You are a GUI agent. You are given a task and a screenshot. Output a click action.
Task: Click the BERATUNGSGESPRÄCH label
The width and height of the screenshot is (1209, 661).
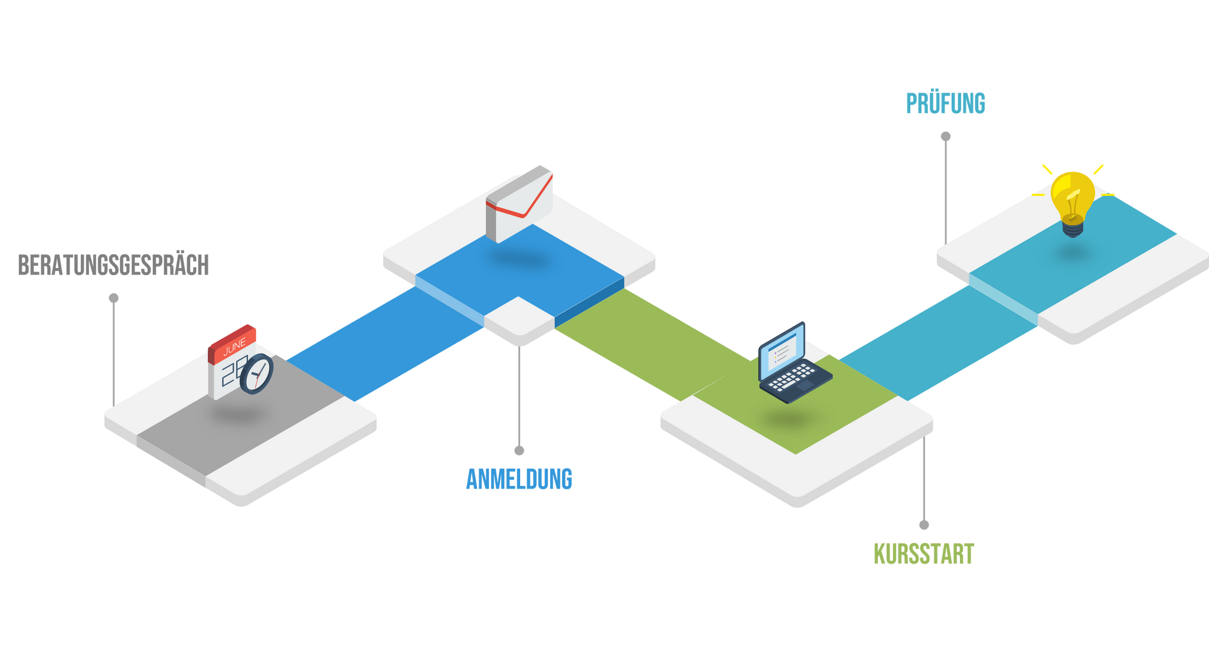(x=113, y=265)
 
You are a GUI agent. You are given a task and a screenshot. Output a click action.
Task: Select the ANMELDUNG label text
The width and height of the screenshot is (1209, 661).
(x=519, y=479)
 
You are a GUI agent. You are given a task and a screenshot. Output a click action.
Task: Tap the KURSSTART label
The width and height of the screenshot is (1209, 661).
(x=924, y=554)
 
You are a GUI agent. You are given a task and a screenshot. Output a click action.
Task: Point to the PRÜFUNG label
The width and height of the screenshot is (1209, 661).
(x=945, y=103)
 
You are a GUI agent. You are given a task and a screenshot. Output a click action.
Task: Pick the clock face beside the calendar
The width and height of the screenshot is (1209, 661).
(x=257, y=374)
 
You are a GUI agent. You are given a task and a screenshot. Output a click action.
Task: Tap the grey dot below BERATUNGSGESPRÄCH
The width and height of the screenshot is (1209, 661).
(x=114, y=298)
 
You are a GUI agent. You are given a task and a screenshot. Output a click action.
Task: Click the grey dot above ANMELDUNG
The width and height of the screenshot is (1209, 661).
(x=519, y=451)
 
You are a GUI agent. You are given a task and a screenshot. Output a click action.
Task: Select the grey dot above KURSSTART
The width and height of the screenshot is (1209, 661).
(x=924, y=525)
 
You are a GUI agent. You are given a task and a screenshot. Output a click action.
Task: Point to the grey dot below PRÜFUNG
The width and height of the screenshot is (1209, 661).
(x=946, y=137)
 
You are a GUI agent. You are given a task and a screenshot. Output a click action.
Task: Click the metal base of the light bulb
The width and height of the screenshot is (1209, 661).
(x=1073, y=227)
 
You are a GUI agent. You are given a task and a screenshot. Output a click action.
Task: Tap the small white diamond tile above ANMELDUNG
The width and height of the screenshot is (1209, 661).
(x=519, y=319)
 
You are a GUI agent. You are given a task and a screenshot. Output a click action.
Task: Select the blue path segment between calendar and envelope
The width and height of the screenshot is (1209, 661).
(x=384, y=342)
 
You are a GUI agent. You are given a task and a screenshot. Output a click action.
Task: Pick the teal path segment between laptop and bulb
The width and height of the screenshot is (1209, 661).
(x=939, y=342)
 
